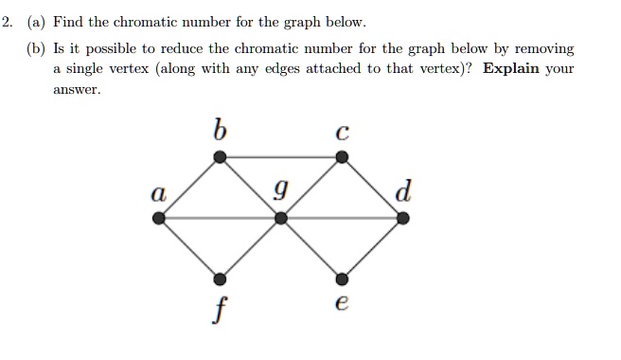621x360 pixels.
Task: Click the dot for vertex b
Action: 220,157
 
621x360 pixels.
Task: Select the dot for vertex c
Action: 343,157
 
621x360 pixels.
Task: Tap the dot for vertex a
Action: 159,218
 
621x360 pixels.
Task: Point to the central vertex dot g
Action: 281,218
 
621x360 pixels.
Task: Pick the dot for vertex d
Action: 403,218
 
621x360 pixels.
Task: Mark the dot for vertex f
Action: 220,279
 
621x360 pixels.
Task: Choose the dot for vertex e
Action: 343,279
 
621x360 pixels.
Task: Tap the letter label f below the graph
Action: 219,308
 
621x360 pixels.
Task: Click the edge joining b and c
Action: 281,157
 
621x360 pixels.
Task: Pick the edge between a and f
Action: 189,248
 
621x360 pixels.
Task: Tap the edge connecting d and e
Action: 373,248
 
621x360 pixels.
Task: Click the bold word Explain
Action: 510,69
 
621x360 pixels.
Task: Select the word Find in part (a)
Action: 71,21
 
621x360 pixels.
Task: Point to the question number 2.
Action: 7,21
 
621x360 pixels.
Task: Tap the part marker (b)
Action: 37,48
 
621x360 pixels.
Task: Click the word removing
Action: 542,48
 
